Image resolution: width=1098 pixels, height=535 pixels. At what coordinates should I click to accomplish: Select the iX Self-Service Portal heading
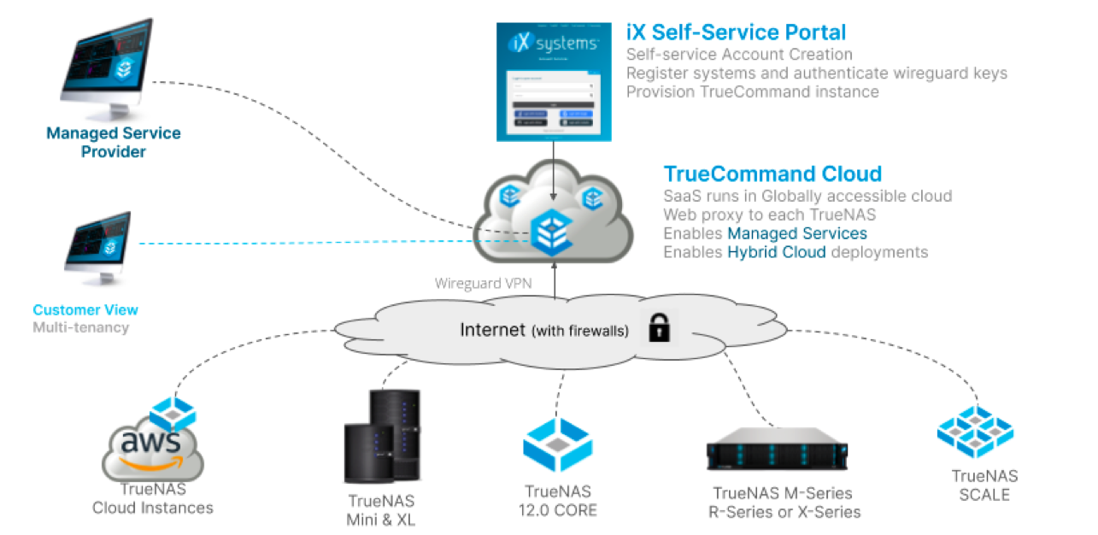click(736, 32)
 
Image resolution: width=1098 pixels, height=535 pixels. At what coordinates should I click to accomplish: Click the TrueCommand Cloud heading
click(772, 173)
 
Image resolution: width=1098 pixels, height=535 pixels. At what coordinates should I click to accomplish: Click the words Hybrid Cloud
click(777, 252)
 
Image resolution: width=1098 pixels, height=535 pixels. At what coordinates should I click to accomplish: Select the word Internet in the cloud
click(493, 330)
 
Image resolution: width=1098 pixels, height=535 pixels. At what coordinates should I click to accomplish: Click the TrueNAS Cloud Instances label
click(153, 499)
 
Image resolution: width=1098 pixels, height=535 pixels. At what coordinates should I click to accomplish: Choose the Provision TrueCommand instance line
click(752, 91)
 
